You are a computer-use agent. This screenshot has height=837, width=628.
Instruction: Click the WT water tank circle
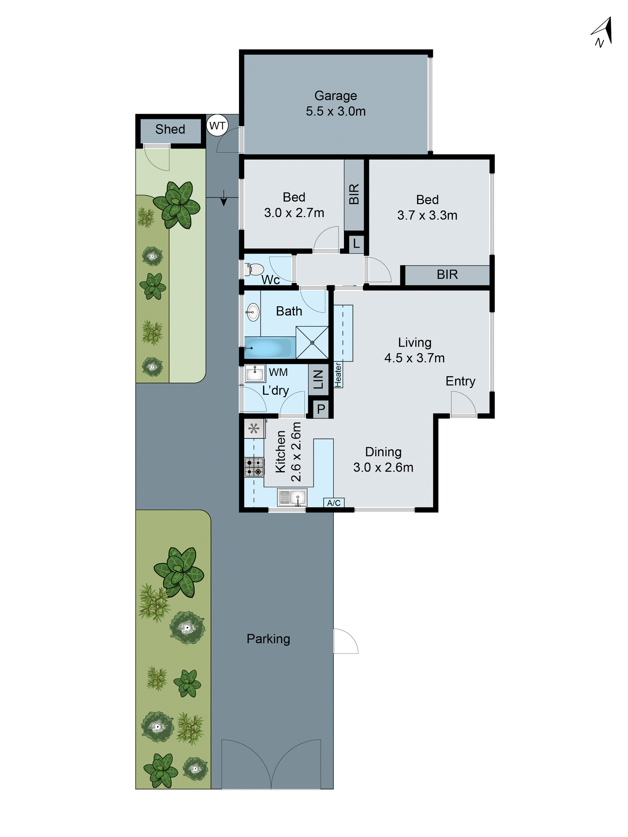coord(217,125)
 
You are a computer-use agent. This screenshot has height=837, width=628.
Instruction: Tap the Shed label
coord(170,129)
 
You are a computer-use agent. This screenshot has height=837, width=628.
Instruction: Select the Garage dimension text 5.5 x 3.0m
coord(335,111)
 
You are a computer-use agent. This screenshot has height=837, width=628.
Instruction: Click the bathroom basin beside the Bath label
coord(252,312)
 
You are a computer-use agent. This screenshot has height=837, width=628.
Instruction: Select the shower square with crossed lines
coord(312,343)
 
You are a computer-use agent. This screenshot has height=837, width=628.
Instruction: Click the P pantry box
coord(321,409)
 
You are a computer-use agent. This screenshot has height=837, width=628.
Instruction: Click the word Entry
coord(460,381)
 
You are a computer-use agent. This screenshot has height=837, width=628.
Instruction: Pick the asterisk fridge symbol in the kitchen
coord(254,429)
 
